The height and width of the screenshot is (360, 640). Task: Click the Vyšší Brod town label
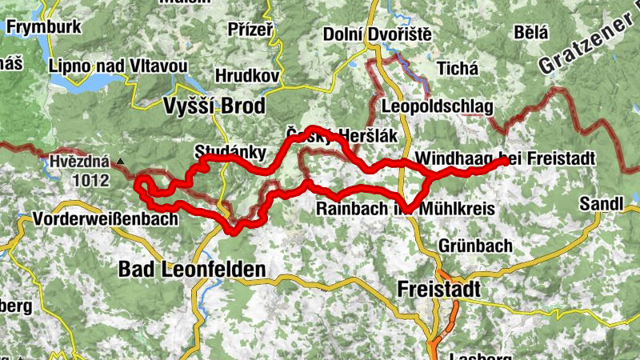click(x=214, y=106)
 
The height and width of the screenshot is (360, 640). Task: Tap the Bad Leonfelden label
click(x=191, y=270)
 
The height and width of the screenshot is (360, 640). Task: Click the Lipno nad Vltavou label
click(x=117, y=65)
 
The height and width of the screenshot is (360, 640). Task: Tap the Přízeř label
click(x=250, y=30)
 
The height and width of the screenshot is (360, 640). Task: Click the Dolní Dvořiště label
click(x=378, y=34)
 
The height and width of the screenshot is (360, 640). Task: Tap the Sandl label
click(x=602, y=203)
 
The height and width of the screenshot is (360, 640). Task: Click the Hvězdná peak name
click(x=78, y=160)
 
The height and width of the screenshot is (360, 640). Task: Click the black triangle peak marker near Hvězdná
click(x=120, y=161)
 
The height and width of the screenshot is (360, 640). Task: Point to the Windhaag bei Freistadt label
click(x=506, y=158)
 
